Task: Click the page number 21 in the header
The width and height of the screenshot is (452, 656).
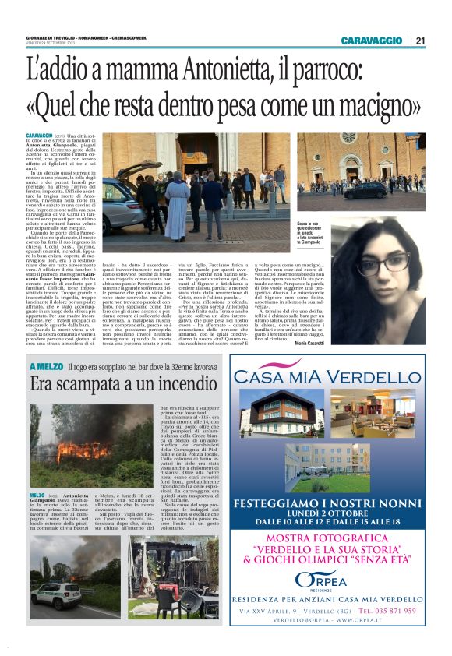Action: click(420, 41)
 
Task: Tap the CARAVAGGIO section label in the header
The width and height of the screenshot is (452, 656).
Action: click(373, 41)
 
